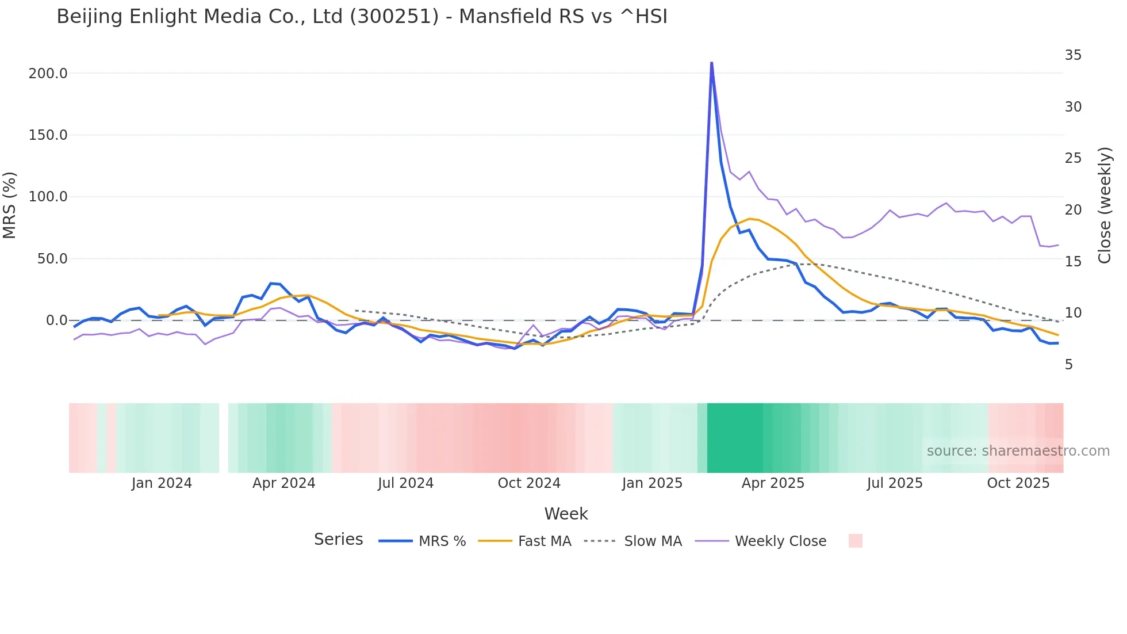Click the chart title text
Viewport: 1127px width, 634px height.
click(x=362, y=17)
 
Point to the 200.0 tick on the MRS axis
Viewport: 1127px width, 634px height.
click(x=48, y=74)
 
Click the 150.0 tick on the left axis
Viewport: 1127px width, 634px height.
click(x=48, y=135)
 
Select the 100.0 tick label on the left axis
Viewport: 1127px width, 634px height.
click(x=48, y=197)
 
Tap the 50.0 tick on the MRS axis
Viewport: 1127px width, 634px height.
click(x=52, y=259)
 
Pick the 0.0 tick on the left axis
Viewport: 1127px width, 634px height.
click(x=57, y=320)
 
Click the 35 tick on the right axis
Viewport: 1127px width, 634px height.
click(x=1073, y=55)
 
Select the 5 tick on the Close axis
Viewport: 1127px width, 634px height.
click(x=1069, y=365)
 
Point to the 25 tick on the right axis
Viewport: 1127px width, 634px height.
click(x=1073, y=158)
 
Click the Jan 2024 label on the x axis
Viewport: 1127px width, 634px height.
click(x=162, y=483)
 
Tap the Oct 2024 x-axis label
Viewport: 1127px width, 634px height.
click(x=529, y=483)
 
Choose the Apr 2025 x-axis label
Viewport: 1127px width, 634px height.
click(x=773, y=483)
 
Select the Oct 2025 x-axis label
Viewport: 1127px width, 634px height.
click(x=1018, y=483)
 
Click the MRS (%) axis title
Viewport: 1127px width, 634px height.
click(x=10, y=205)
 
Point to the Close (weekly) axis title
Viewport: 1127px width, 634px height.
click(x=1105, y=205)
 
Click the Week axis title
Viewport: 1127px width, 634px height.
click(x=566, y=514)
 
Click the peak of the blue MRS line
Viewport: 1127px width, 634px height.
click(x=711, y=63)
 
